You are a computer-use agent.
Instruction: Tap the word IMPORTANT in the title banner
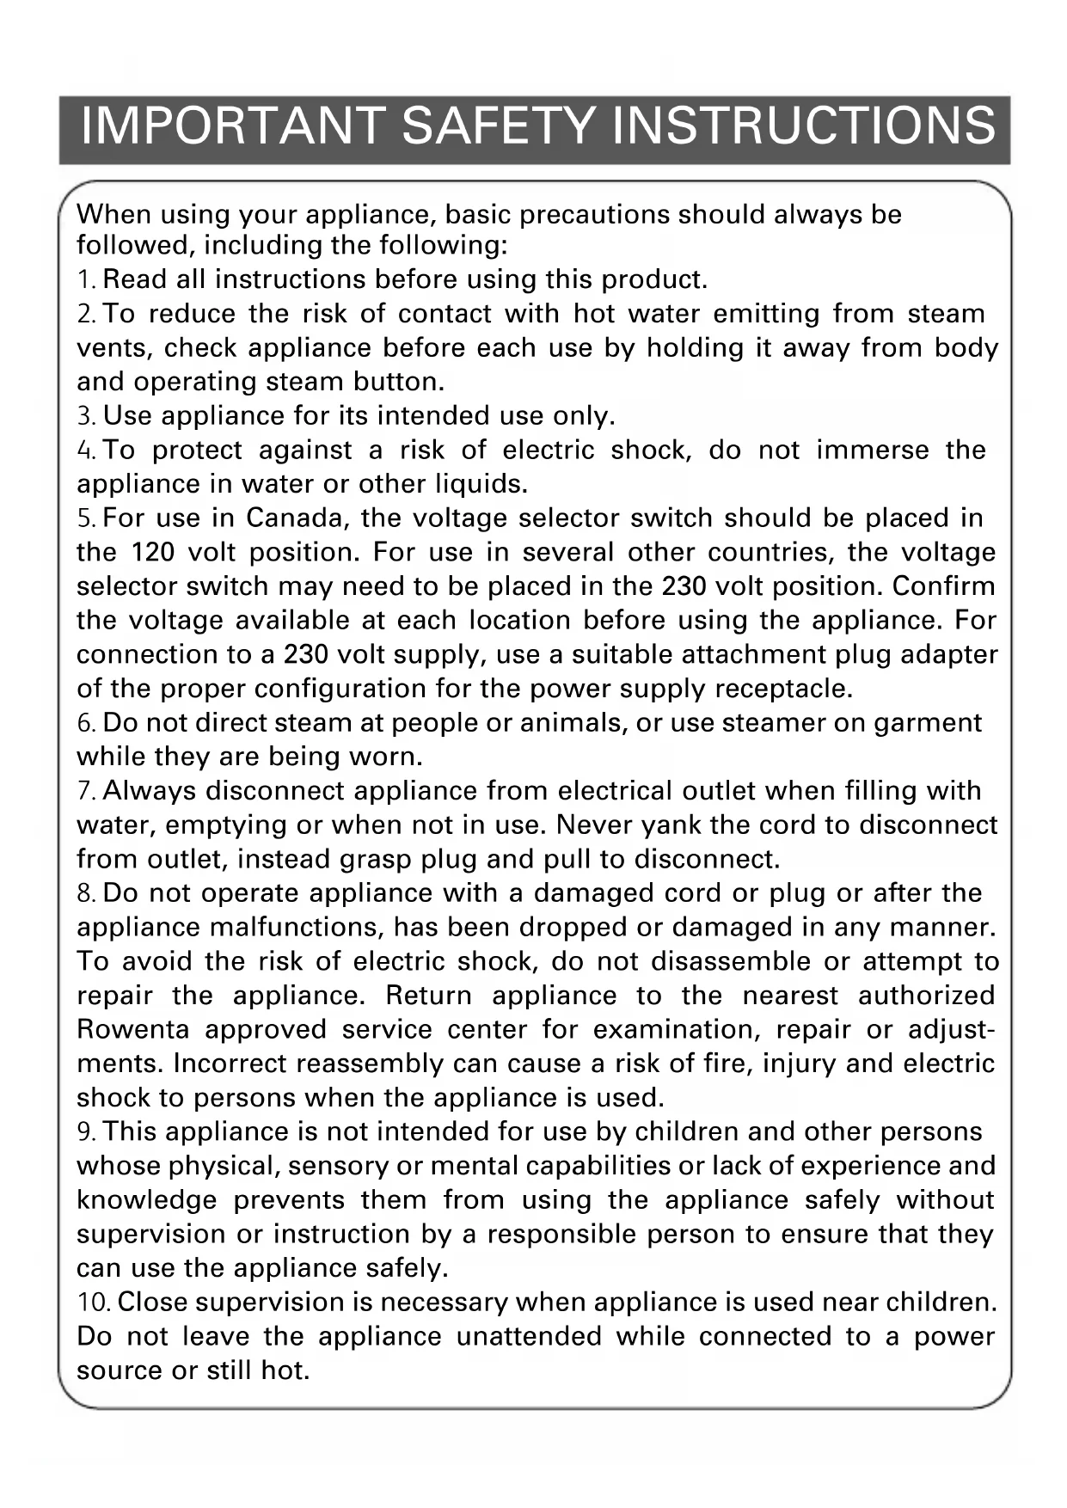(231, 126)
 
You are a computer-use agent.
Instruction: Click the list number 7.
(86, 791)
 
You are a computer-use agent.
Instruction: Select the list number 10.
(93, 1303)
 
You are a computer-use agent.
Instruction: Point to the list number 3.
(86, 416)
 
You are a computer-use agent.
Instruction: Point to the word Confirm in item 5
(943, 586)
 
